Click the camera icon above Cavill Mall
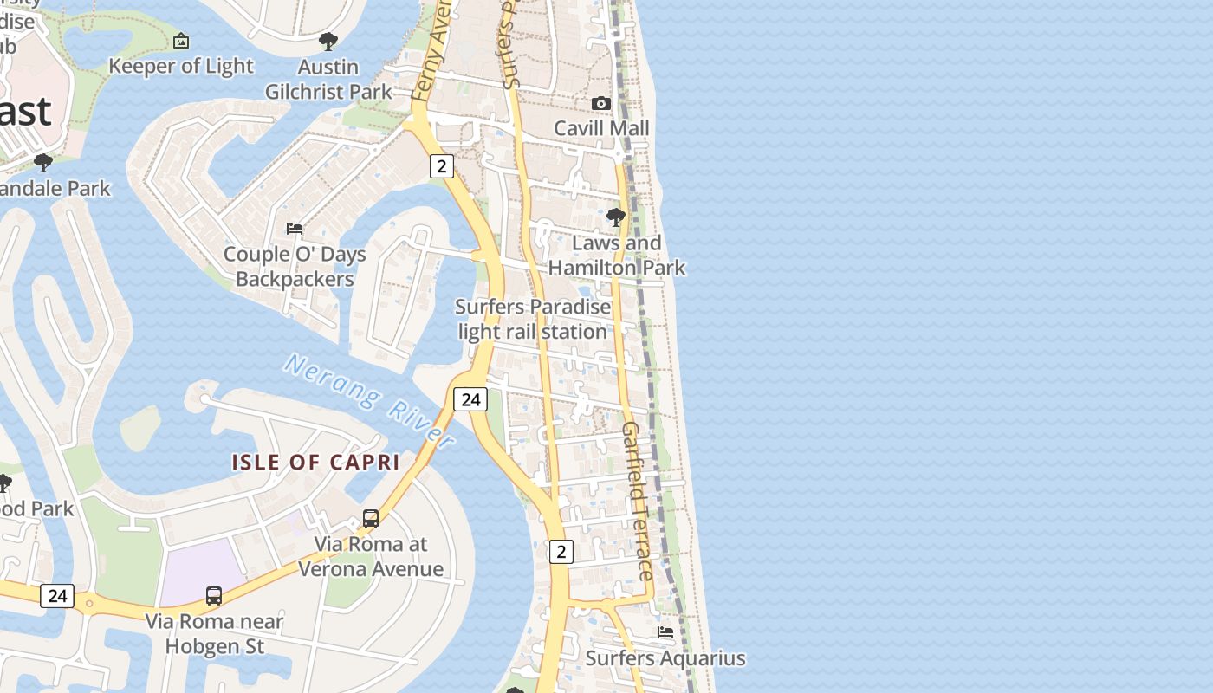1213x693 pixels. click(600, 103)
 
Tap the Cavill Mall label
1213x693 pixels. click(601, 128)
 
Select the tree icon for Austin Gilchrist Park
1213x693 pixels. click(328, 41)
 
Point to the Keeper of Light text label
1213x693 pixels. click(181, 66)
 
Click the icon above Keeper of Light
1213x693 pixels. click(181, 41)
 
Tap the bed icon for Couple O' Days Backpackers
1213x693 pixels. click(295, 229)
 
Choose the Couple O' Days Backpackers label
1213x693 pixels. click(295, 267)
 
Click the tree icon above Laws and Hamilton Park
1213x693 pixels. click(616, 217)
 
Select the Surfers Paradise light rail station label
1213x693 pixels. click(533, 319)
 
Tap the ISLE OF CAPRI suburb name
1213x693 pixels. click(315, 463)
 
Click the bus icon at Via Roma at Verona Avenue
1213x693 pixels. click(371, 519)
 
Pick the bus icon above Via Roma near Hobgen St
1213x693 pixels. click(214, 596)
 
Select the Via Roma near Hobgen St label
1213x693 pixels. click(214, 634)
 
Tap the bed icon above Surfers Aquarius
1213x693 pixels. click(665, 632)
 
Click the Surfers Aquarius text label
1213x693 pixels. click(665, 658)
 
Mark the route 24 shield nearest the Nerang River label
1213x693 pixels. click(470, 399)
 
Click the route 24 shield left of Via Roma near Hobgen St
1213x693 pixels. click(57, 596)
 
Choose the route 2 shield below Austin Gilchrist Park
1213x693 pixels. click(442, 166)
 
